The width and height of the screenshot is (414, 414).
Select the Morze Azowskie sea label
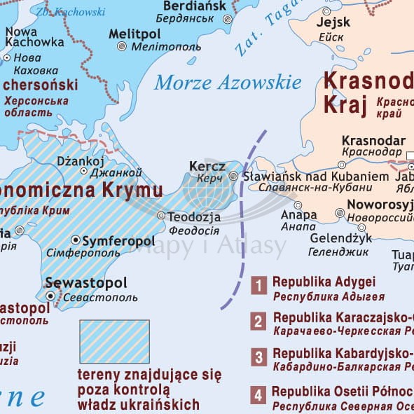[x=228, y=83]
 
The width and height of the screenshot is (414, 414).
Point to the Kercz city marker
[x=234, y=176]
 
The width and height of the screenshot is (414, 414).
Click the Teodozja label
[x=194, y=216]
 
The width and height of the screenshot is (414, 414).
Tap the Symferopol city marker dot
[x=76, y=240]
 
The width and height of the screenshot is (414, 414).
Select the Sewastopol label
[x=86, y=283]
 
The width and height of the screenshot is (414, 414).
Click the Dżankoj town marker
[x=84, y=170]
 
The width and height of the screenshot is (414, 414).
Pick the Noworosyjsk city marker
[x=340, y=212]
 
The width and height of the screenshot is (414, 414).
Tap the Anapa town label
[x=294, y=214]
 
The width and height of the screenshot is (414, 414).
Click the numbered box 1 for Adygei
[x=259, y=285]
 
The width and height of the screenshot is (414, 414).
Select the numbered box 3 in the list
[x=259, y=358]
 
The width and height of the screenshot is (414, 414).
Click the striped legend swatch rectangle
[x=114, y=342]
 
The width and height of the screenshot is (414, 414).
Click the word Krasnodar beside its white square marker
[x=371, y=139]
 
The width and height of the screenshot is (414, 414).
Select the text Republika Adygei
[x=324, y=282]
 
